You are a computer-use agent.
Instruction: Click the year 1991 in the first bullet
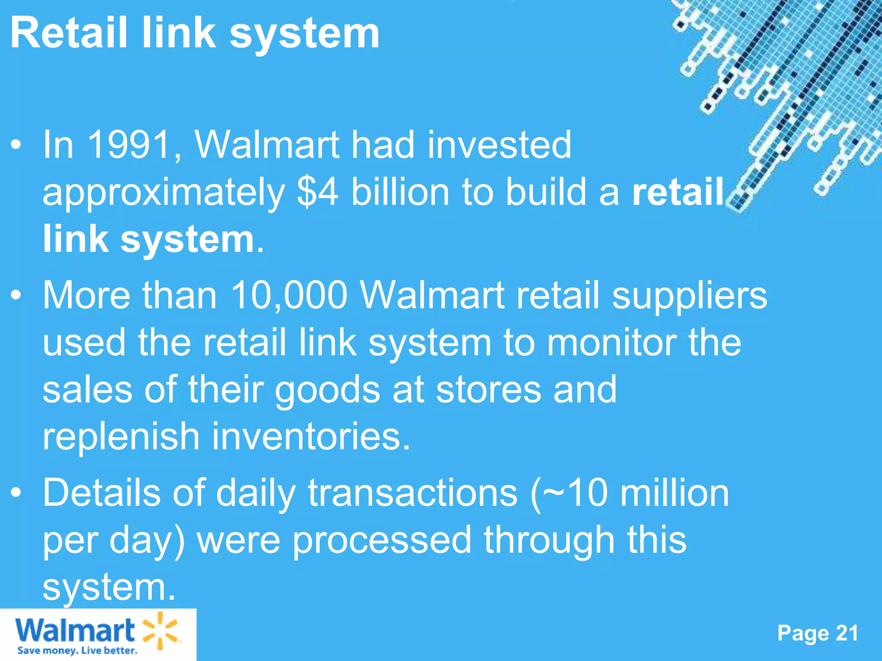tap(129, 145)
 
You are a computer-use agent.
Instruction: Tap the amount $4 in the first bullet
tap(317, 192)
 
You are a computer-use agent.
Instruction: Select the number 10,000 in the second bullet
tap(289, 296)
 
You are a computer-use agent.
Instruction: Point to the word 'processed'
tap(382, 541)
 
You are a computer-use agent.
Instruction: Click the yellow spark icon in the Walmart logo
tap(160, 630)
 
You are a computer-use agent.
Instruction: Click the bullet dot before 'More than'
tap(16, 296)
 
